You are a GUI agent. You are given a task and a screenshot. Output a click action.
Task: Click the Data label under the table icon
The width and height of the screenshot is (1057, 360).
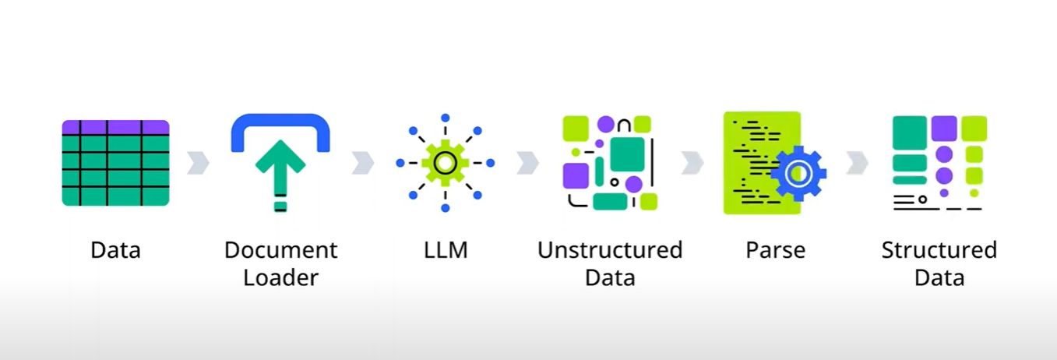click(115, 250)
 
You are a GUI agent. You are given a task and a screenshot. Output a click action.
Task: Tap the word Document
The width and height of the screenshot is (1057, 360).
click(280, 250)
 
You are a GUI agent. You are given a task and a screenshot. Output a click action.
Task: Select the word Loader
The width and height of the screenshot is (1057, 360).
click(280, 277)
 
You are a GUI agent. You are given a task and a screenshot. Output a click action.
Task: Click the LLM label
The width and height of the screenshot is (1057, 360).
click(446, 250)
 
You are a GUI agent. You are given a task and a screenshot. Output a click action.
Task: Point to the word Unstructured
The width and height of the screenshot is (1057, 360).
click(610, 250)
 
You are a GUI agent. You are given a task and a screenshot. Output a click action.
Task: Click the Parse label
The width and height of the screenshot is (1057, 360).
click(775, 250)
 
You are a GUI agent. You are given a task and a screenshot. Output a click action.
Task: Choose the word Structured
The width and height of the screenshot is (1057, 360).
click(939, 250)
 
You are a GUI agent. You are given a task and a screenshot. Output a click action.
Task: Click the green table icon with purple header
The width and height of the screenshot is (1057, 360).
click(115, 163)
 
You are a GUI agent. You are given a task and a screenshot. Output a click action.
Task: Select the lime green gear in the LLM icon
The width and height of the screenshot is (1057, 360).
click(445, 163)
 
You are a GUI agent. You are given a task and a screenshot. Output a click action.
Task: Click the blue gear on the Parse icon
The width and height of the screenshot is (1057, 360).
click(798, 174)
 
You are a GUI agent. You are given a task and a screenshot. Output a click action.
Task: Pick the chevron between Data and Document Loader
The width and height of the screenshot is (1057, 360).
click(198, 163)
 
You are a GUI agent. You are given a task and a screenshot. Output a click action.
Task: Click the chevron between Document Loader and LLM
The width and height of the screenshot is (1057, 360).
click(363, 163)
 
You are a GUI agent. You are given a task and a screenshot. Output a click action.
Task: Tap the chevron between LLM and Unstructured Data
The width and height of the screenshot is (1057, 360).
click(527, 163)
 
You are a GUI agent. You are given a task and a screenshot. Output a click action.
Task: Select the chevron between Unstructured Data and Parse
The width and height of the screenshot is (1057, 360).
click(692, 163)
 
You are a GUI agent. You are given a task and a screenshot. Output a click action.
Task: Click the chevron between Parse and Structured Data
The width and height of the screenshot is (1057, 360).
click(858, 163)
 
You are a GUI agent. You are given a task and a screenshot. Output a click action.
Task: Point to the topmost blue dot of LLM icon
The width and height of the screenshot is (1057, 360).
click(445, 118)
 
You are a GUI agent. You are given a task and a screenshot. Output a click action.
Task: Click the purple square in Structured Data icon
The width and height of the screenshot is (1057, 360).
click(944, 129)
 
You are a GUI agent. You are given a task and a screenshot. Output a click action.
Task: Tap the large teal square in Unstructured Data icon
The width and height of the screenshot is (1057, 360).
click(628, 154)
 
